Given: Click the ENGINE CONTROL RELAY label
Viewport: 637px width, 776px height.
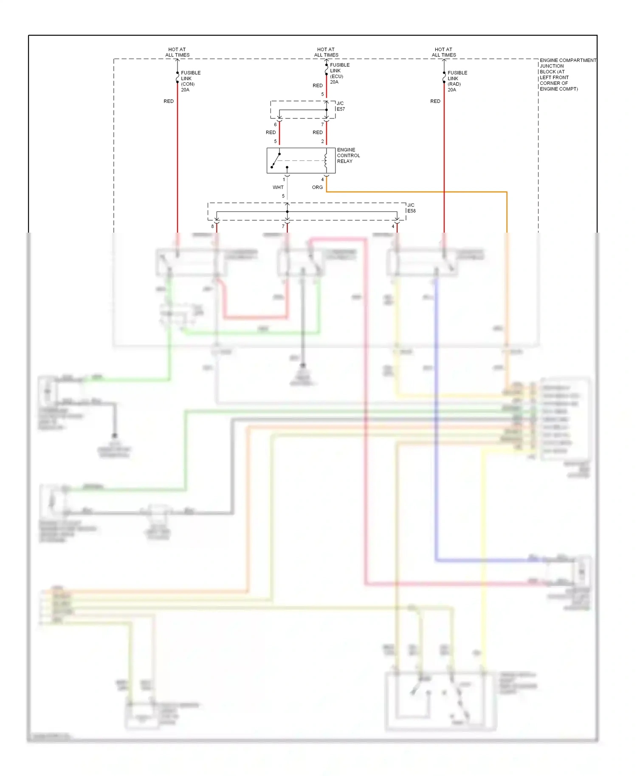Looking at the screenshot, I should pos(348,155).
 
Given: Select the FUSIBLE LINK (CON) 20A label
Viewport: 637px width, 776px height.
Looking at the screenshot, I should pos(190,81).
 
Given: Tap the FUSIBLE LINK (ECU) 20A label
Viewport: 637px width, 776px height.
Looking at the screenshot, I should pos(339,73).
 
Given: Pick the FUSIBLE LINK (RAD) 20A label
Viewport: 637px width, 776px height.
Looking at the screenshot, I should pos(457,81).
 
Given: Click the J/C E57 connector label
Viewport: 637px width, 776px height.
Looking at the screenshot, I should pos(341,106).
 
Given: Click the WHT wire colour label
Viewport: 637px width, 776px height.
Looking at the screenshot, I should pos(278,187).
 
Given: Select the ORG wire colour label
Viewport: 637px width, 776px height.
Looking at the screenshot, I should pos(317,187).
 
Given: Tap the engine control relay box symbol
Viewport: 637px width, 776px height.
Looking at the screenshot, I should pos(301,160).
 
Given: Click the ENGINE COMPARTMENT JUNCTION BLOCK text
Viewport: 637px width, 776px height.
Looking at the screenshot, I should pos(567,74).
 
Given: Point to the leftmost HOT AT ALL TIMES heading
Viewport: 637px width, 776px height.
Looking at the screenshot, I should pos(177,52).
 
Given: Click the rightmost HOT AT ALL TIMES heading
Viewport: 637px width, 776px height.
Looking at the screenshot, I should pos(444,52).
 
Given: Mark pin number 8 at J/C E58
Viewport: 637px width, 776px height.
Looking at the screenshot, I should pos(212,226).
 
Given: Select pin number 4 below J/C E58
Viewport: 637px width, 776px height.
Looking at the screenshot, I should pos(393,226).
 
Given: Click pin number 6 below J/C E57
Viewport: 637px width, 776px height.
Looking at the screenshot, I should pos(275,124).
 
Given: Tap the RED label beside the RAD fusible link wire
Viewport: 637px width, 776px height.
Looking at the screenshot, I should pos(435,101).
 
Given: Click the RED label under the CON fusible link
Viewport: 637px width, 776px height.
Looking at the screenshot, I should pos(169,101).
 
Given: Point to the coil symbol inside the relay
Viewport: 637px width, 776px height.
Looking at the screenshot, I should pos(326,160).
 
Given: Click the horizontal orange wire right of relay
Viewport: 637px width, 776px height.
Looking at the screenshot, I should pos(416,192).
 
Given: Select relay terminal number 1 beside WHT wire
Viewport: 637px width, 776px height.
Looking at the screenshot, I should pos(284,180).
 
